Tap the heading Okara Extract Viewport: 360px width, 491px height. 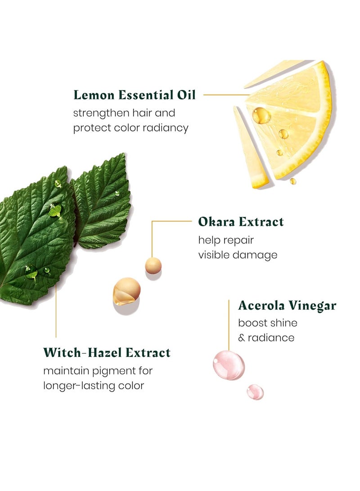[x=241, y=222]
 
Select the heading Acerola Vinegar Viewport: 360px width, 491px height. [x=287, y=306]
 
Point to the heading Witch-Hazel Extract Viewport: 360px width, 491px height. [x=107, y=352]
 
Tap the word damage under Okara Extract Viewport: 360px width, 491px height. [x=255, y=255]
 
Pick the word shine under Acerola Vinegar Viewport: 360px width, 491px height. [x=283, y=323]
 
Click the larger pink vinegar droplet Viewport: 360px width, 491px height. [x=229, y=365]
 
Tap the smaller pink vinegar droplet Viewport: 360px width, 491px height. [x=255, y=392]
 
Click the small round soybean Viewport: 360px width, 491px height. [x=153, y=266]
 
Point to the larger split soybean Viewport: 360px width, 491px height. [x=126, y=291]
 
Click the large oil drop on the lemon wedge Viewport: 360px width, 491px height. [x=261, y=116]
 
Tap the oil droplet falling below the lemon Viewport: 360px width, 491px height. [x=293, y=181]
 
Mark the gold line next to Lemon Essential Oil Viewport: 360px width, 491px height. [x=225, y=95]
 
